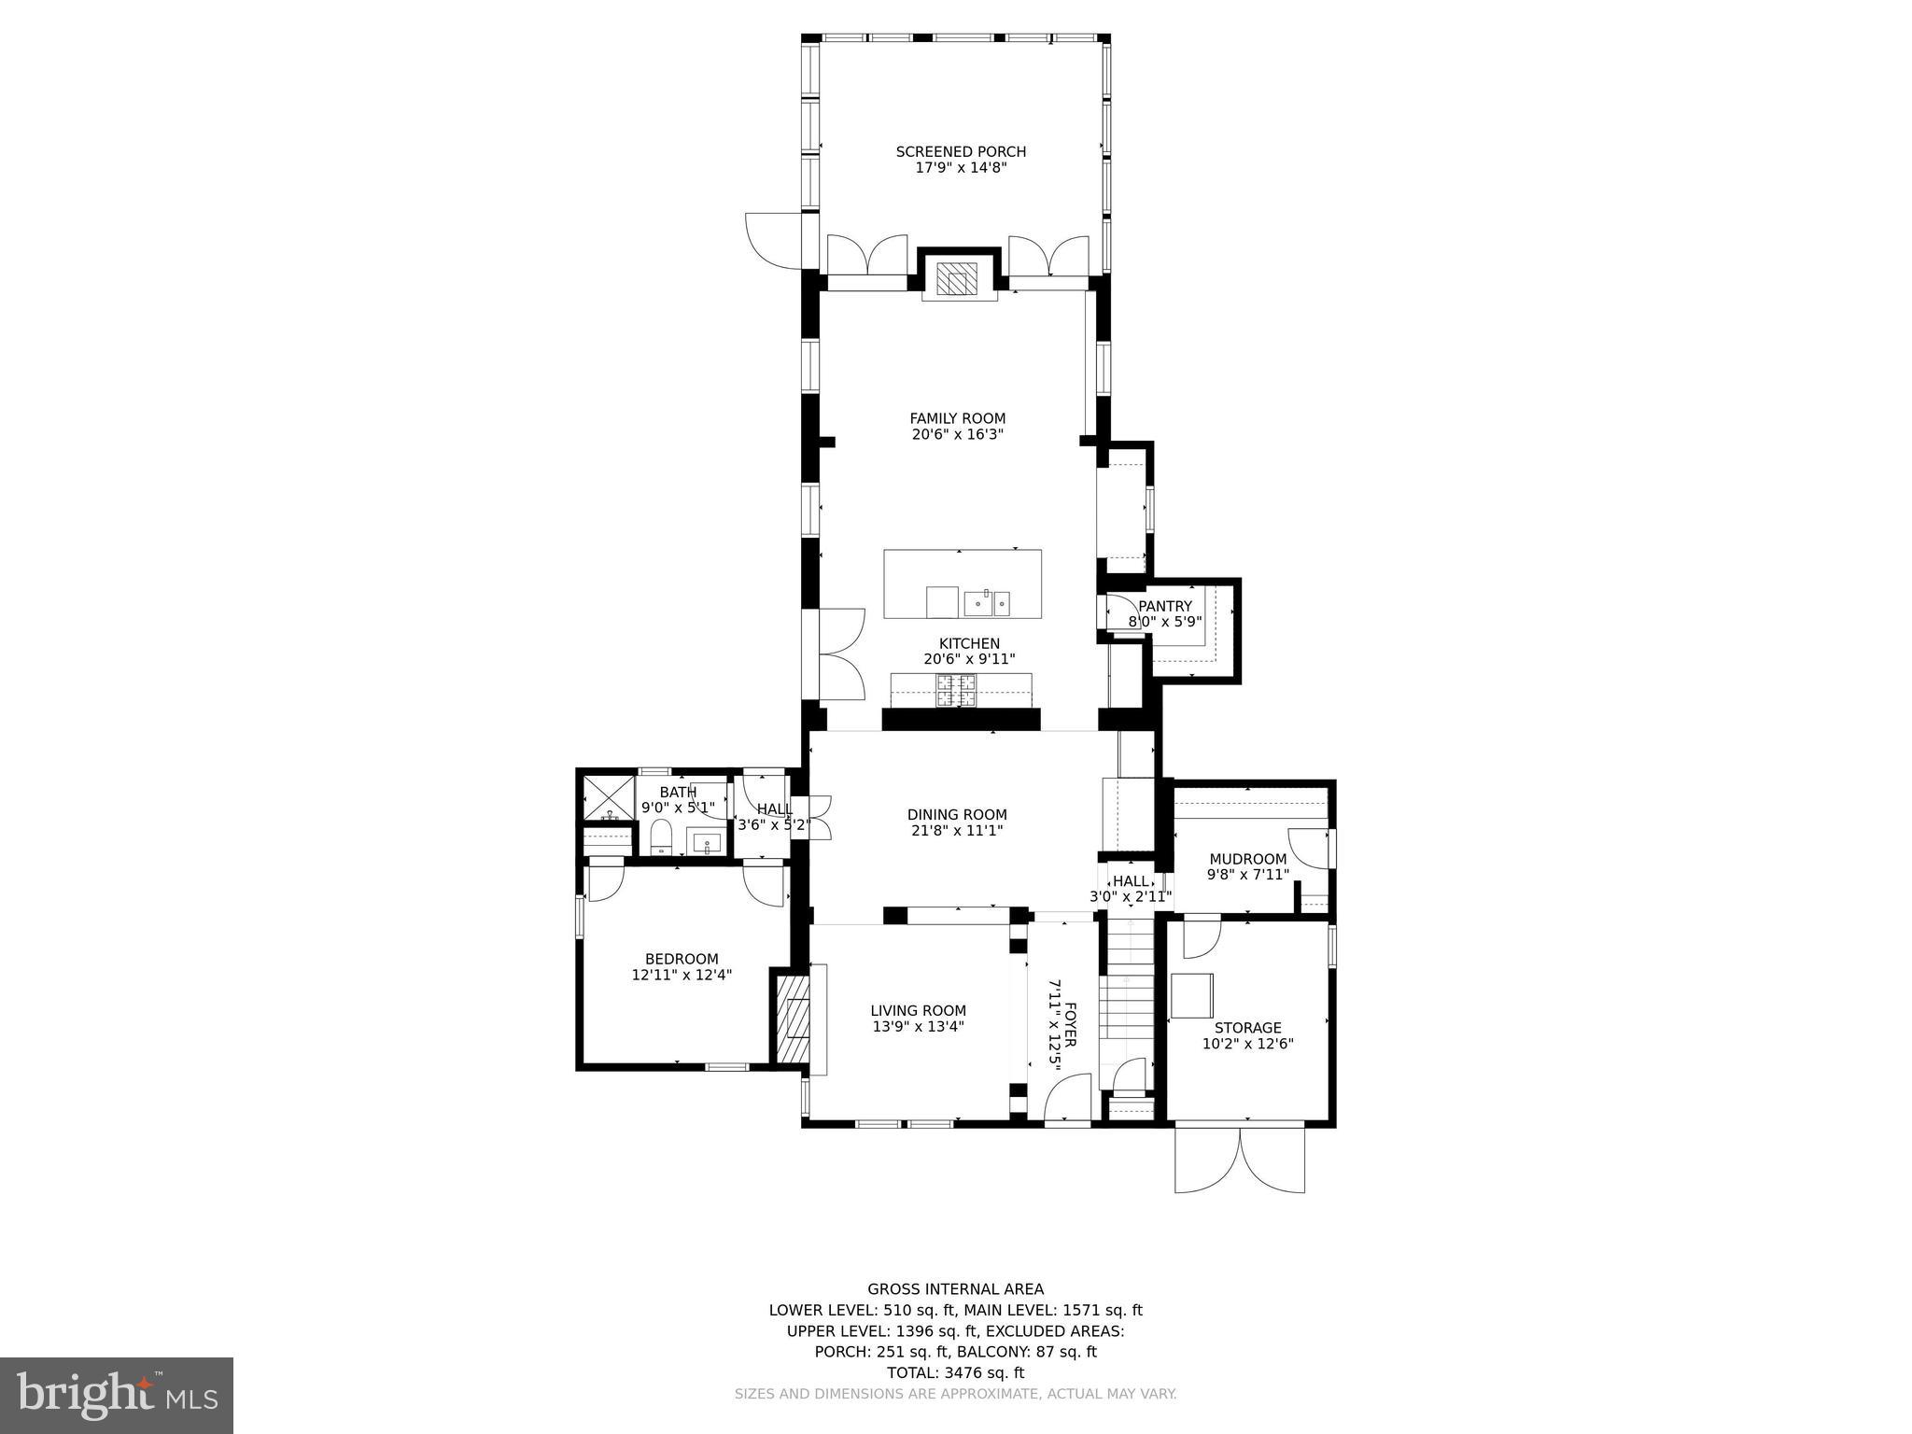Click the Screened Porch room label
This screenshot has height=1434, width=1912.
tap(961, 151)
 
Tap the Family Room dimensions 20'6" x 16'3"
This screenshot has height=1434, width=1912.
tap(958, 434)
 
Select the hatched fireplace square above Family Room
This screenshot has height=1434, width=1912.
tap(957, 278)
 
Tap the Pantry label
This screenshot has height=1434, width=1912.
tap(1164, 606)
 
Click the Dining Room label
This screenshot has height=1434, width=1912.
tap(957, 814)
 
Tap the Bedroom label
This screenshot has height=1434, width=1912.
tap(682, 959)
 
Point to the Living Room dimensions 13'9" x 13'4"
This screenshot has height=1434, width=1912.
tap(918, 1026)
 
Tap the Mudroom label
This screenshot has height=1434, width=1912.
tap(1247, 859)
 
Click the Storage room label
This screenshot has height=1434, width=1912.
tap(1247, 1028)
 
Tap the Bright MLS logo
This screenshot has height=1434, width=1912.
tap(117, 1395)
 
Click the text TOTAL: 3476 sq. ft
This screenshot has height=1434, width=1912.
tap(955, 1372)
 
